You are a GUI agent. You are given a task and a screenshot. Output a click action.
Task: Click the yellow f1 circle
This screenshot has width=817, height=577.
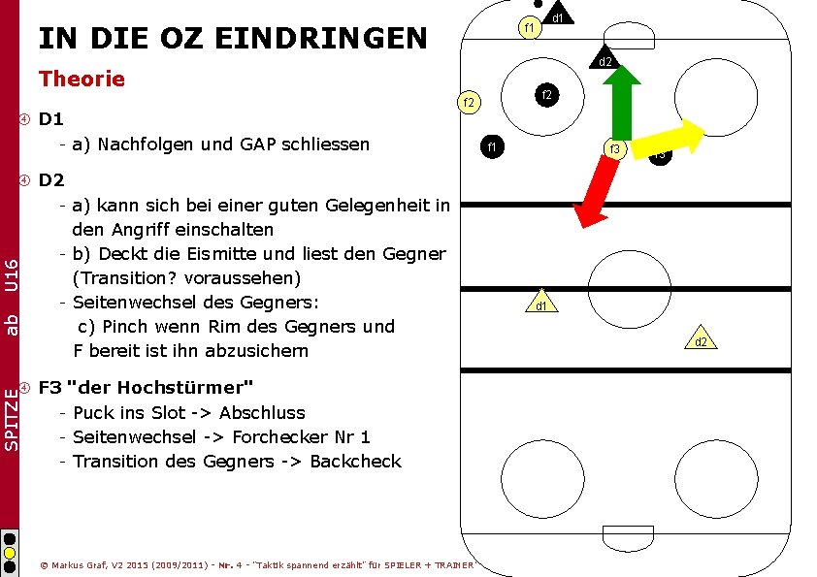[x=528, y=28]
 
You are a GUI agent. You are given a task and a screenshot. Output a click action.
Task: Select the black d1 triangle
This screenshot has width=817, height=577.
[x=558, y=16]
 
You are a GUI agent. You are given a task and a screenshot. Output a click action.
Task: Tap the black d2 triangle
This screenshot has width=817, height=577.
[x=604, y=60]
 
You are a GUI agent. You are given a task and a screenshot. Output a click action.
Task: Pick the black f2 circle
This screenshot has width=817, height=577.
[x=546, y=95]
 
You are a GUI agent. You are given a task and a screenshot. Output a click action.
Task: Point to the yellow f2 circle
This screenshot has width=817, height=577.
[x=469, y=102]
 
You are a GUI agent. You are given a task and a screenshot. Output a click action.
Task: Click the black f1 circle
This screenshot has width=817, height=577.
[x=492, y=147]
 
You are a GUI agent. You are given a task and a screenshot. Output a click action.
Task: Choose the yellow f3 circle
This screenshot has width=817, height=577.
[x=614, y=148]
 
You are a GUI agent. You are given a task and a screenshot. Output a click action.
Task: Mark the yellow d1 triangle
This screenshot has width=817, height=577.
[x=540, y=304]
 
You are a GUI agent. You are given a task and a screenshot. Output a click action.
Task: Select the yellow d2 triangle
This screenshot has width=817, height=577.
[x=700, y=338]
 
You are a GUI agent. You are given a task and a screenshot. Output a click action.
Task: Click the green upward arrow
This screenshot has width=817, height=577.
[x=620, y=102]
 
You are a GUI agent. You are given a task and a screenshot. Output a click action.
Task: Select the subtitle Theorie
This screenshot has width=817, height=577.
[x=82, y=79]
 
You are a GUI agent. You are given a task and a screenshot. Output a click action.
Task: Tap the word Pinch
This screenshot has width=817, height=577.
[x=125, y=327]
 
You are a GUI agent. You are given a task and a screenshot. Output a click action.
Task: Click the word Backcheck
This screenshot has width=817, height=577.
[x=354, y=462]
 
